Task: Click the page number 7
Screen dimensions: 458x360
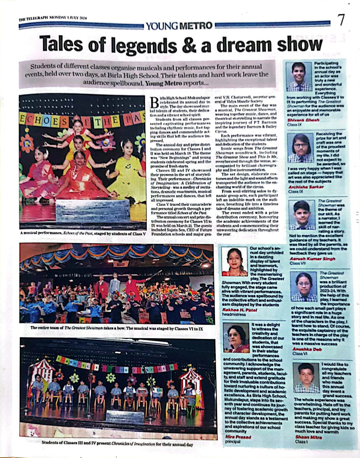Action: pos(342,20)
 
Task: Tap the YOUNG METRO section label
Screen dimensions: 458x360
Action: pos(179,25)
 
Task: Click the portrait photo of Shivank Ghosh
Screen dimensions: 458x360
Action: pos(299,76)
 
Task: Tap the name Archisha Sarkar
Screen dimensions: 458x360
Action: pos(306,187)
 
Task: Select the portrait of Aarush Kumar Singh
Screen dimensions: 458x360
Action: pos(301,215)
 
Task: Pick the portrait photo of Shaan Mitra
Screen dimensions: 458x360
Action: pos(306,377)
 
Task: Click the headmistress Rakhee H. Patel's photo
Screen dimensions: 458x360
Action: pos(234,261)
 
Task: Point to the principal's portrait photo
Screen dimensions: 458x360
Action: pos(236,338)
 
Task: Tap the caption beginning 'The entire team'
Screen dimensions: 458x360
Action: pos(116,327)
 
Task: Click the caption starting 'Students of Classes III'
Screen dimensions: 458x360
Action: pos(117,444)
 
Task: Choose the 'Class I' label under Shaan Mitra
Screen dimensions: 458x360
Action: pos(300,441)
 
